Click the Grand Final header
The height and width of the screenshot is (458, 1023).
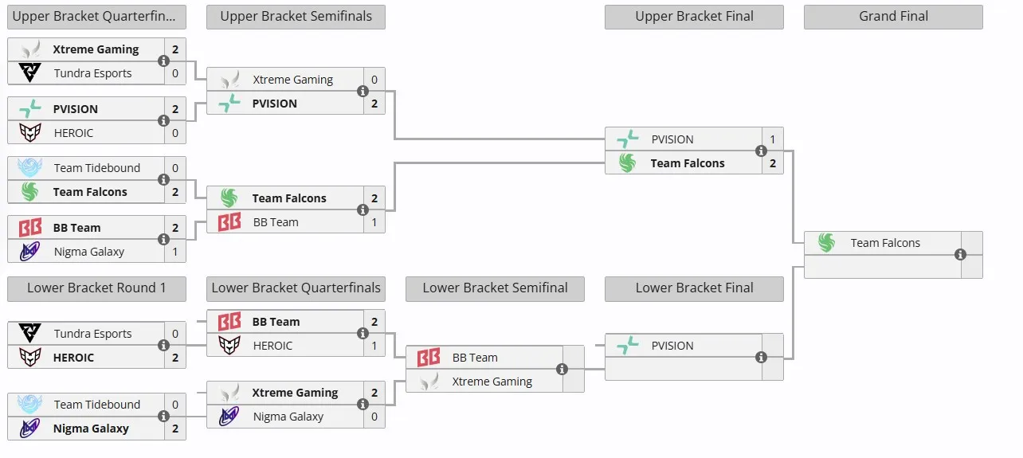tap(893, 17)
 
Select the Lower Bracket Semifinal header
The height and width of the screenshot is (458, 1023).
tap(495, 288)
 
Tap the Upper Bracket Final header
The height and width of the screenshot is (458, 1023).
tap(694, 17)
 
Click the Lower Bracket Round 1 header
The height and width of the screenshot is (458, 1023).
tap(96, 288)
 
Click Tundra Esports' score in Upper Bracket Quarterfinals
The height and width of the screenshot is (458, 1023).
tap(175, 73)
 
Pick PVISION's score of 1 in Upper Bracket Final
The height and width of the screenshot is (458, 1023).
tap(772, 139)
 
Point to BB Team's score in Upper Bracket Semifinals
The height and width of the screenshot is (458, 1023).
tap(374, 222)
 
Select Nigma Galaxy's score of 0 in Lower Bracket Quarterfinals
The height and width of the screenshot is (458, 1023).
tap(374, 417)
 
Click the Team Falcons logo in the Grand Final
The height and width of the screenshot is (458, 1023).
tap(827, 242)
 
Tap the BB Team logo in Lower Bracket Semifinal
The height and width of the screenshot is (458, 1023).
tap(429, 358)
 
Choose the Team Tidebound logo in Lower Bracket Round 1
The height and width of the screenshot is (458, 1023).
tap(29, 404)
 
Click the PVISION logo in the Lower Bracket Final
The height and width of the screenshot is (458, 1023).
tap(628, 345)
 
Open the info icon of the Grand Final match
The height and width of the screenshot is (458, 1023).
tap(960, 254)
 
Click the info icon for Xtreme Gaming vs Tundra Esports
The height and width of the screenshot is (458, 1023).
tap(163, 61)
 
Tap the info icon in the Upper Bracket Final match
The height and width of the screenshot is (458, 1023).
tap(761, 151)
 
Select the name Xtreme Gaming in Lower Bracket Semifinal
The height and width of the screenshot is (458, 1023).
tap(492, 382)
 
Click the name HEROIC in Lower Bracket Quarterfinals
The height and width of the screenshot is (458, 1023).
tap(272, 346)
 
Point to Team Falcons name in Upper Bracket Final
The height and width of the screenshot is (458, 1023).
tap(688, 163)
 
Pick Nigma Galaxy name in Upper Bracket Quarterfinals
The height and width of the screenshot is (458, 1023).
tap(89, 252)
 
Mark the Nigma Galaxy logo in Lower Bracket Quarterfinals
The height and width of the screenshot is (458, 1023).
tap(229, 416)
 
